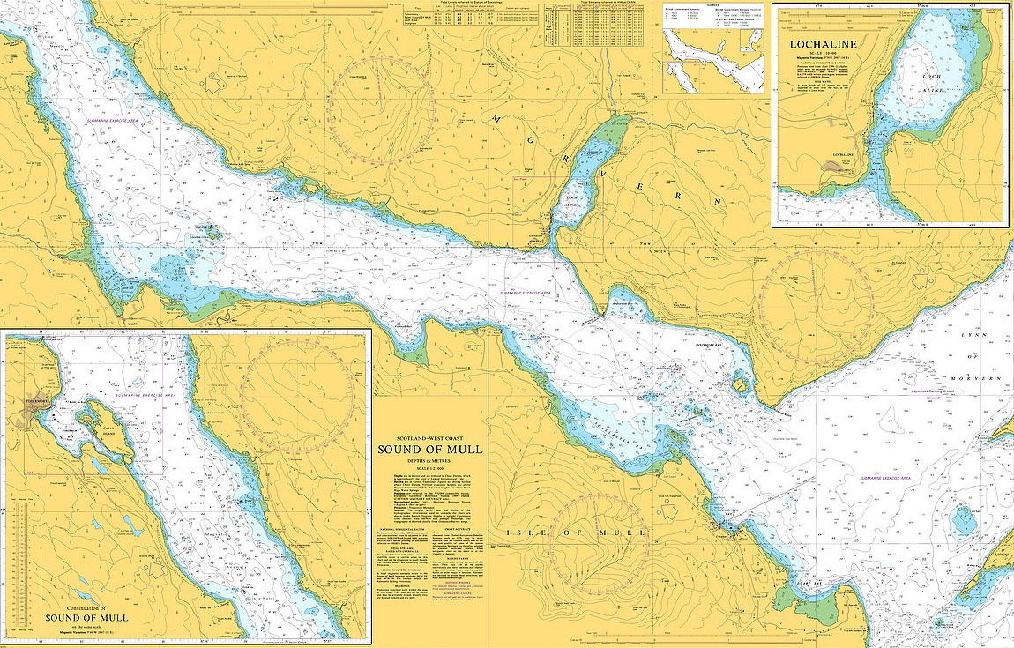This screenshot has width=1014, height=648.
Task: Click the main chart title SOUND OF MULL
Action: [x=430, y=449]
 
